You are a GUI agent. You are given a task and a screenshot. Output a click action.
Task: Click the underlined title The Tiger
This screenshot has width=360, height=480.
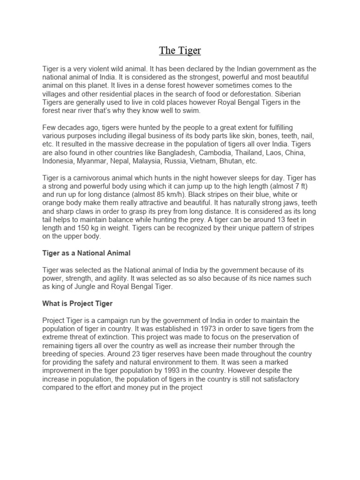(x=180, y=50)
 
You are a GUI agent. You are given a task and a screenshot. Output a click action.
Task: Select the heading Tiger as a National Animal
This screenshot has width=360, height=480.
(x=86, y=253)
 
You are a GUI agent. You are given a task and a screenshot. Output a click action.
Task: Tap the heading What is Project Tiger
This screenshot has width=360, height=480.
(x=77, y=304)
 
